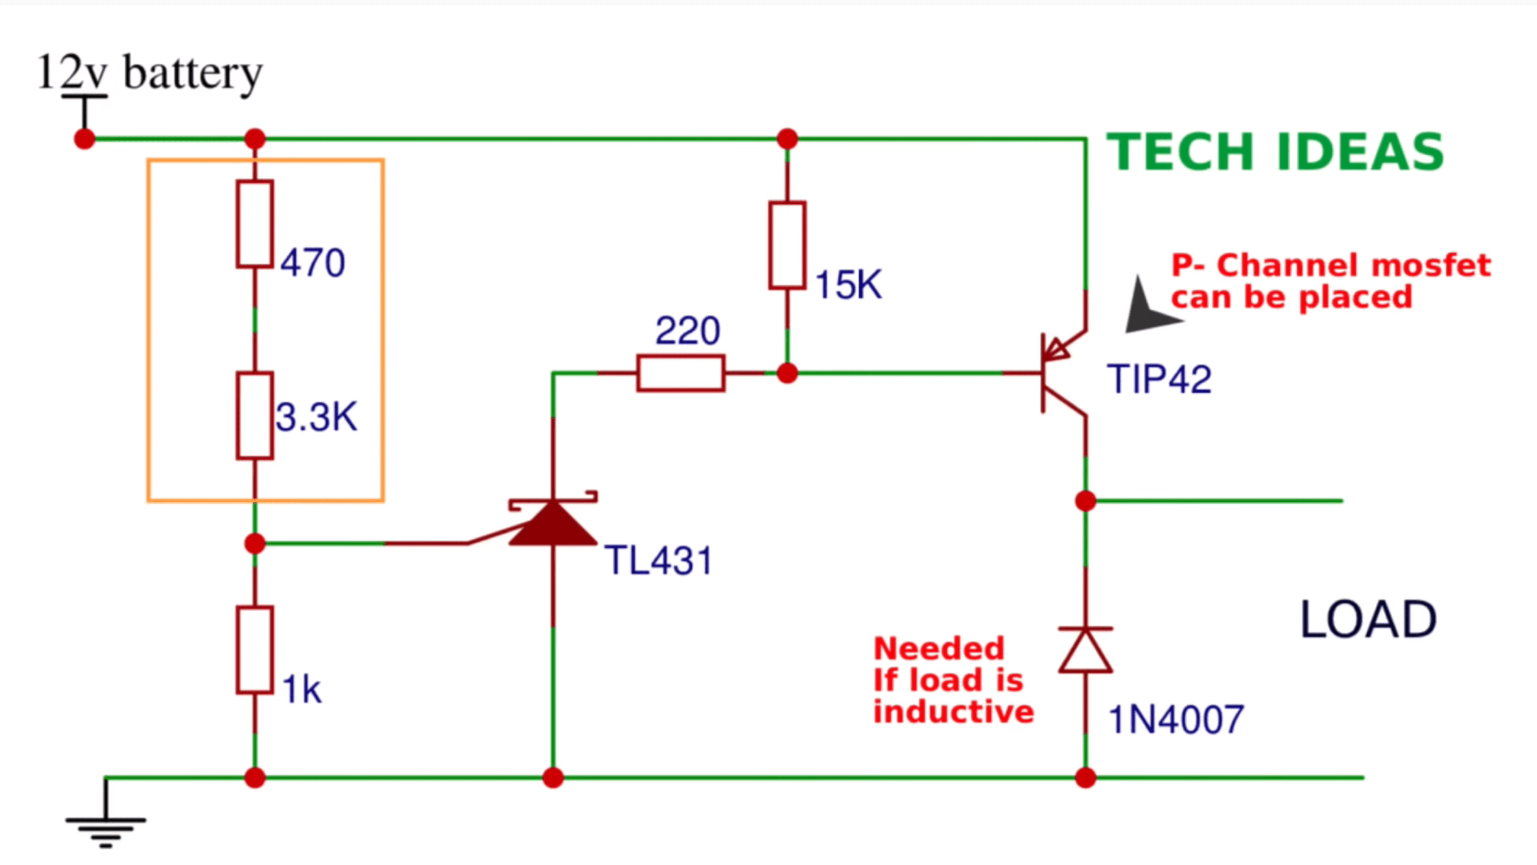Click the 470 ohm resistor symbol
254,223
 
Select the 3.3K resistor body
254,415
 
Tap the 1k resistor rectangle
254,650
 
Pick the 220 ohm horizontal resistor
680,373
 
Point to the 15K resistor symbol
787,245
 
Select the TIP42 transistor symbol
1059,373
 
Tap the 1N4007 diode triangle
1086,650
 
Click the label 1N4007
1176,720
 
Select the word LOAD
1368,620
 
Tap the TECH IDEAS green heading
1275,152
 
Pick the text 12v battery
149,72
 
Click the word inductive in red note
953,712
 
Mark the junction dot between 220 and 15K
787,373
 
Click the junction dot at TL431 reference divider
254,543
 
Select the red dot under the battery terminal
85,139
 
